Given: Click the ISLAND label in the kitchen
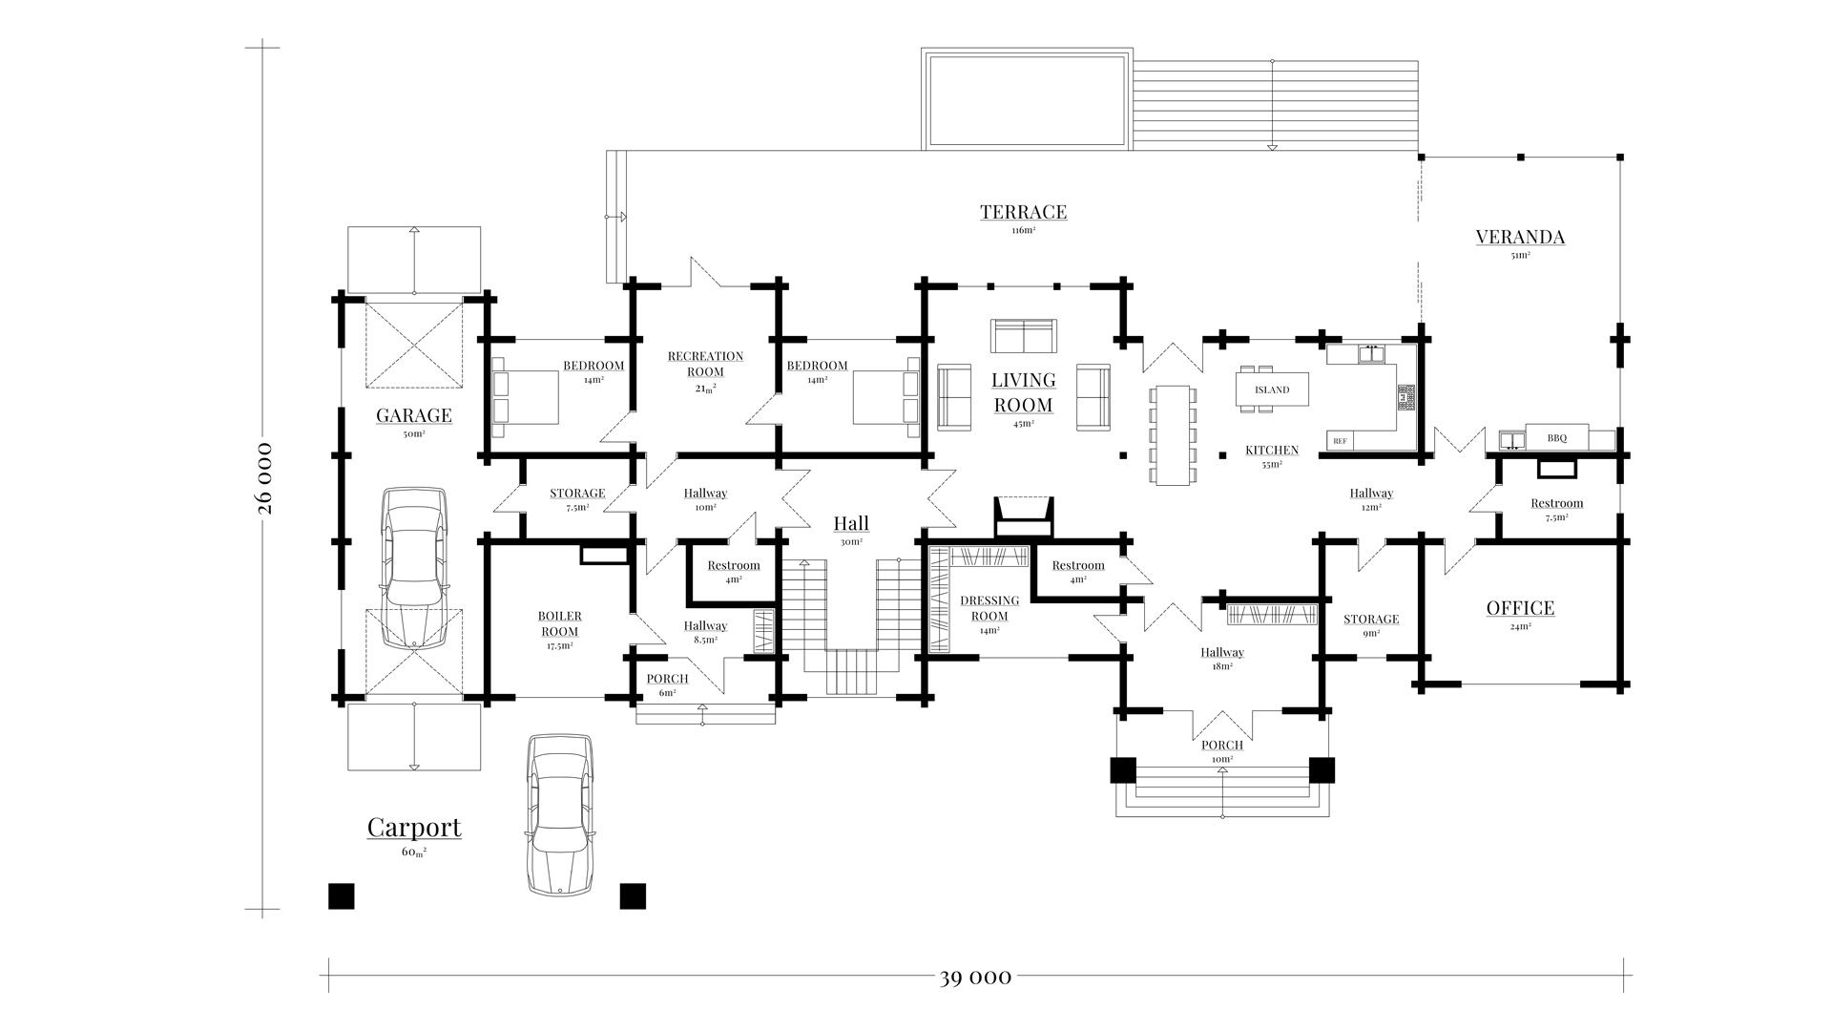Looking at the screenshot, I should [x=1272, y=389].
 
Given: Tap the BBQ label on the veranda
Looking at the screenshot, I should [x=1556, y=438].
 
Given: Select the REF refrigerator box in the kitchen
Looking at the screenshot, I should [x=1340, y=441].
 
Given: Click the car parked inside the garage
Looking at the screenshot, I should [x=414, y=567].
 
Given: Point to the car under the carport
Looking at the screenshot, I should [x=559, y=813].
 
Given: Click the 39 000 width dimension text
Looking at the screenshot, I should [x=974, y=977].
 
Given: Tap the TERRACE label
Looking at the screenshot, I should [x=1023, y=212].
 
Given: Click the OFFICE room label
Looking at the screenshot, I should [x=1520, y=608].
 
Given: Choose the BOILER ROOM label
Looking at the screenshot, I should [x=559, y=624].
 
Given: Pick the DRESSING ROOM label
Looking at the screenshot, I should [x=989, y=608].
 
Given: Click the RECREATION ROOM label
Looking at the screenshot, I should [x=705, y=364].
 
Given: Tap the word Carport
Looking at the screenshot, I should [x=414, y=827].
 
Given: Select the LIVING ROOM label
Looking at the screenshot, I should [x=1023, y=392].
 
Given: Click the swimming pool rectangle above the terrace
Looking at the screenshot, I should [x=1026, y=99].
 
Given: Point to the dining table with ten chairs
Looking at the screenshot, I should [x=1173, y=434].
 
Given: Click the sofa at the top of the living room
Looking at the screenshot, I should [x=1023, y=336].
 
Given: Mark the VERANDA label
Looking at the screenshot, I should [x=1520, y=237].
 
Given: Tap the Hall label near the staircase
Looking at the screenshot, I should [x=851, y=523].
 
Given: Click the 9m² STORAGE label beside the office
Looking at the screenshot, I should [x=1371, y=620].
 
